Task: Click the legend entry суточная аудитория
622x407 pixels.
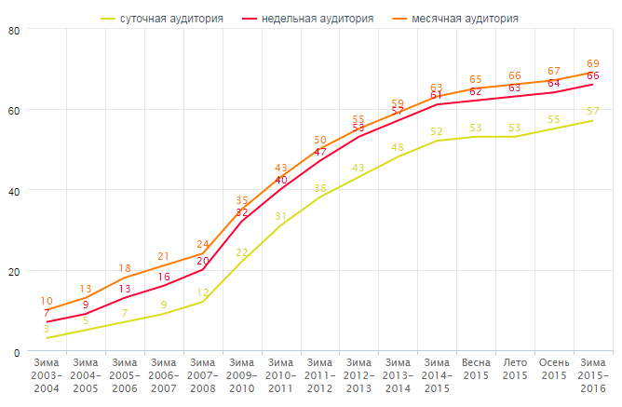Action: [x=170, y=18]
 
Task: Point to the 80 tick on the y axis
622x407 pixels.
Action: [x=14, y=30]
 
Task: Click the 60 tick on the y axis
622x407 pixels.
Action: [x=14, y=110]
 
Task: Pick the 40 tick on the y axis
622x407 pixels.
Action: [x=14, y=191]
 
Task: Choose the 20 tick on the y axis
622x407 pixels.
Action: [x=14, y=271]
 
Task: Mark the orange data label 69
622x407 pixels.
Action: [x=592, y=63]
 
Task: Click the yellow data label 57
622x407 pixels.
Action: [x=592, y=112]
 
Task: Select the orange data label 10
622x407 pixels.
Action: [x=47, y=301]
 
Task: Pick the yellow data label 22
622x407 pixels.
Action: [x=242, y=252]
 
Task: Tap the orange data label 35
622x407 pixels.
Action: [x=242, y=200]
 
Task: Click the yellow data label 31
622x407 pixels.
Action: [x=281, y=216]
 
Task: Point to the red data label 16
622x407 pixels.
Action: [x=164, y=277]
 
